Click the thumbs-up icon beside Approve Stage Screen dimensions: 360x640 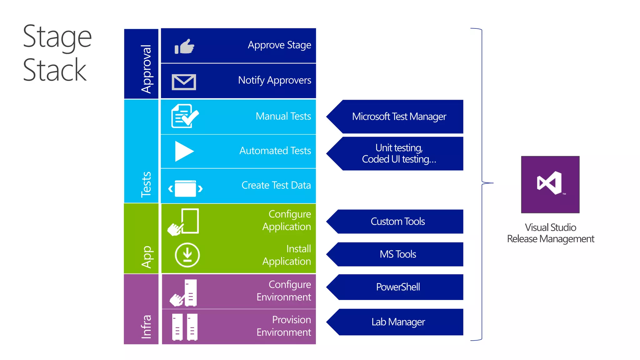point(184,47)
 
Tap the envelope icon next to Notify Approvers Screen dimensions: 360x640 point(184,82)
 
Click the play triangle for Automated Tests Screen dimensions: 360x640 point(184,151)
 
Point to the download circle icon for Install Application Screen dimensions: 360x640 point(187,255)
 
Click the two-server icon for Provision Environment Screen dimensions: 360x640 point(185,327)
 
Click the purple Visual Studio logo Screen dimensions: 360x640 point(550,184)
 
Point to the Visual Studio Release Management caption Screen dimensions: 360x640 point(550,233)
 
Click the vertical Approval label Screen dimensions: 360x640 point(146,69)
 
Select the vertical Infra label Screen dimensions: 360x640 point(146,326)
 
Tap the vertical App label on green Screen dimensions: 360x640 point(146,257)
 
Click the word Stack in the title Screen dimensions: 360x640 point(55,70)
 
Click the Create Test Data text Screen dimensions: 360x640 point(276,185)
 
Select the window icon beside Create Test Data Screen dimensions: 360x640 point(185,188)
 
